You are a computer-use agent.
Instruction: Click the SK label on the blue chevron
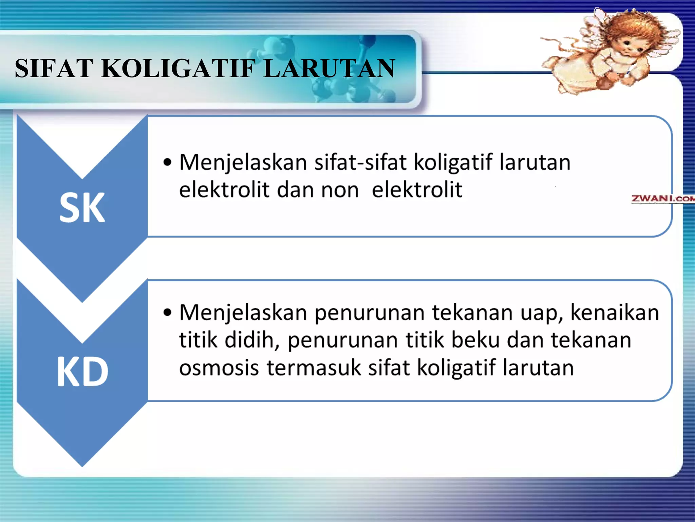[x=82, y=208]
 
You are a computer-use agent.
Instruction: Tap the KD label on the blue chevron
[x=82, y=372]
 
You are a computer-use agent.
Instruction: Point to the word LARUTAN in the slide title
[x=329, y=68]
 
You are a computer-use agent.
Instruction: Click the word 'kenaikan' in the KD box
[x=615, y=313]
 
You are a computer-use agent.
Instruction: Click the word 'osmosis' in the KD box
[x=219, y=368]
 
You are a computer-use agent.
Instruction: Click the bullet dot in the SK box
[x=167, y=162]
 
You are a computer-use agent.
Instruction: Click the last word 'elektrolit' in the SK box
[x=417, y=190]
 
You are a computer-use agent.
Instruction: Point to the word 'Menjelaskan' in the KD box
[x=243, y=313]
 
